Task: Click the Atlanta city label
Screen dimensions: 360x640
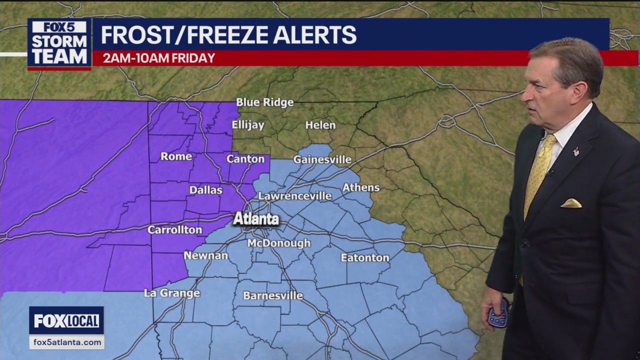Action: pyautogui.click(x=256, y=219)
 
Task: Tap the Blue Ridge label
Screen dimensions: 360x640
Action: pyautogui.click(x=264, y=102)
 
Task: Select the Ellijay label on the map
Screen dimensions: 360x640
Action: pyautogui.click(x=248, y=124)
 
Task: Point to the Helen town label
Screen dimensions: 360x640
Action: pyautogui.click(x=320, y=125)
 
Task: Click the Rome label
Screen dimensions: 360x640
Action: pyautogui.click(x=176, y=156)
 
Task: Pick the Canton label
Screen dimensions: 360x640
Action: pyautogui.click(x=245, y=159)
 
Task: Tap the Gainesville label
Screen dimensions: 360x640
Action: pyautogui.click(x=322, y=160)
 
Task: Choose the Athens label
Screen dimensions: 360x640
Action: pyautogui.click(x=361, y=188)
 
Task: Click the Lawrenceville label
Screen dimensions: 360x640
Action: pyautogui.click(x=295, y=196)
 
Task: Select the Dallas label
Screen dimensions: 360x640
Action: pyautogui.click(x=205, y=190)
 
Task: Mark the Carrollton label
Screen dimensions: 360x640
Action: pyautogui.click(x=174, y=230)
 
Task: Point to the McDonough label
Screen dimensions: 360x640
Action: pyautogui.click(x=279, y=243)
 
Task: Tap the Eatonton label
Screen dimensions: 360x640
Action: pyautogui.click(x=365, y=258)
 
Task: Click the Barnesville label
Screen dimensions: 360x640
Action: pyautogui.click(x=273, y=296)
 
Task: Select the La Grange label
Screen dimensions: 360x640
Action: pyautogui.click(x=172, y=293)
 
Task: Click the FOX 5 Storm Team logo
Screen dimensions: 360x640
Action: pyautogui.click(x=59, y=43)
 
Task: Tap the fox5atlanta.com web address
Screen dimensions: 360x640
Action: pyautogui.click(x=66, y=342)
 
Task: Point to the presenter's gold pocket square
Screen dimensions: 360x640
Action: pyautogui.click(x=571, y=203)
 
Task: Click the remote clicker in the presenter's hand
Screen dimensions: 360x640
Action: pyautogui.click(x=498, y=313)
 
